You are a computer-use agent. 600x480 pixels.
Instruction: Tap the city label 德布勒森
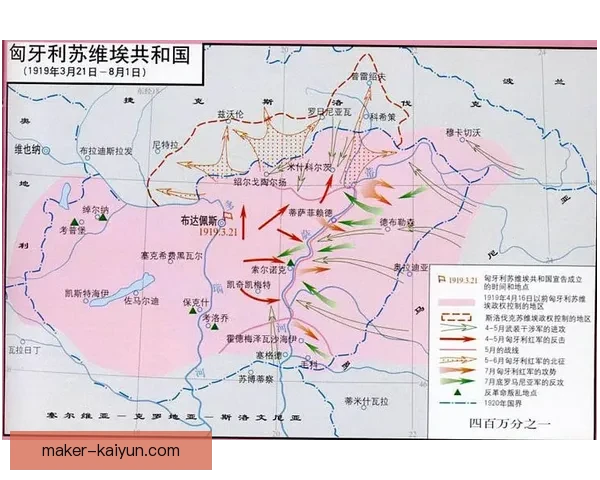pos(397,222)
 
